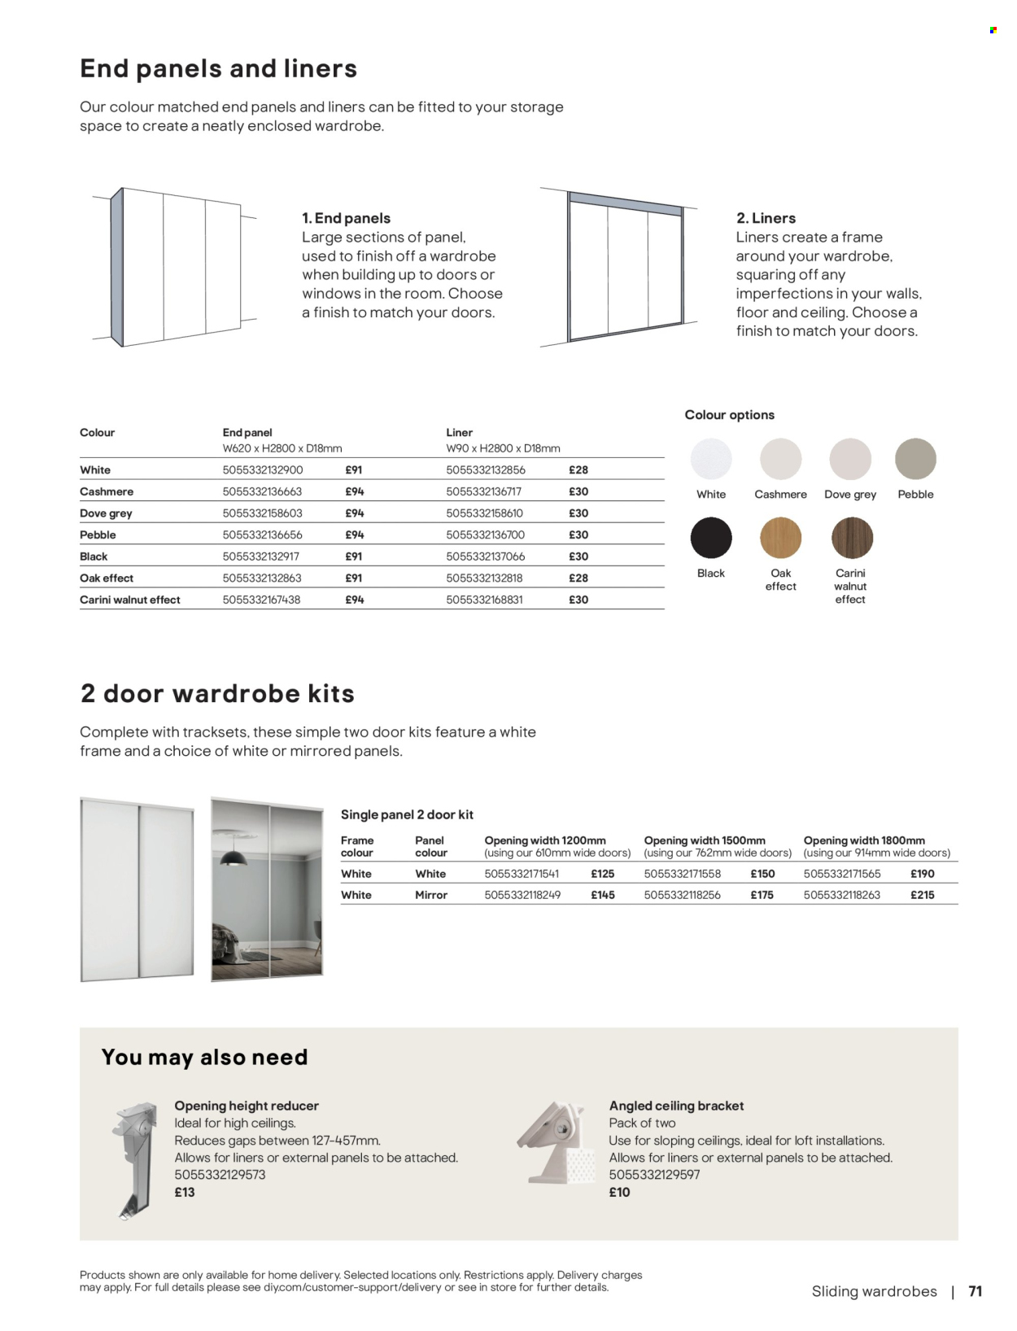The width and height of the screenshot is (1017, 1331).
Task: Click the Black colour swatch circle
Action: pos(711,538)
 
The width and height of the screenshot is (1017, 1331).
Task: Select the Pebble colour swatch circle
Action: pos(915,459)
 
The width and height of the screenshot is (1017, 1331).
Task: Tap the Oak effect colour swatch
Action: pos(780,538)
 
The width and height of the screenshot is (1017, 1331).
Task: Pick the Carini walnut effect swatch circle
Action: pos(852,538)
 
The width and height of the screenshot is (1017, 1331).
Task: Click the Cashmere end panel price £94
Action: pos(354,491)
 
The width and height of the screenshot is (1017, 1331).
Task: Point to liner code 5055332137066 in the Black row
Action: pos(485,556)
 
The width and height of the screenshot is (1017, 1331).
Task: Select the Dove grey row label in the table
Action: pos(106,513)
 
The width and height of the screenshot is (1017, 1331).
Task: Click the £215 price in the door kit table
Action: pos(922,895)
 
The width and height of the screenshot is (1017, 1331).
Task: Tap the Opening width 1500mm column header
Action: pos(705,840)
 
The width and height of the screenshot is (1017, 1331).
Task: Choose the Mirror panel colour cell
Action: pos(431,895)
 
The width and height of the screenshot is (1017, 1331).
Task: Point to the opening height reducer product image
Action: pos(134,1159)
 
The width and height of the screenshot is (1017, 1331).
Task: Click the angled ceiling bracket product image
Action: pos(553,1142)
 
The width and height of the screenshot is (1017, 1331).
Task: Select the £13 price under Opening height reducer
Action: pos(185,1192)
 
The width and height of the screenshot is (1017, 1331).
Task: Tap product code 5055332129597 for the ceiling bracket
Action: pos(654,1175)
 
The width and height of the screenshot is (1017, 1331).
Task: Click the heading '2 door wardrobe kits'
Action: pos(217,693)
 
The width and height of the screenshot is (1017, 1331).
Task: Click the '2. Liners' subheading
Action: pos(766,218)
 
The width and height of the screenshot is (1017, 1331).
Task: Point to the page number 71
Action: pos(976,1291)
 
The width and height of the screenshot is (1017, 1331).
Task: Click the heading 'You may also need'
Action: pos(204,1057)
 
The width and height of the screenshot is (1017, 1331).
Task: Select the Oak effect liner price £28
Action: pos(578,578)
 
